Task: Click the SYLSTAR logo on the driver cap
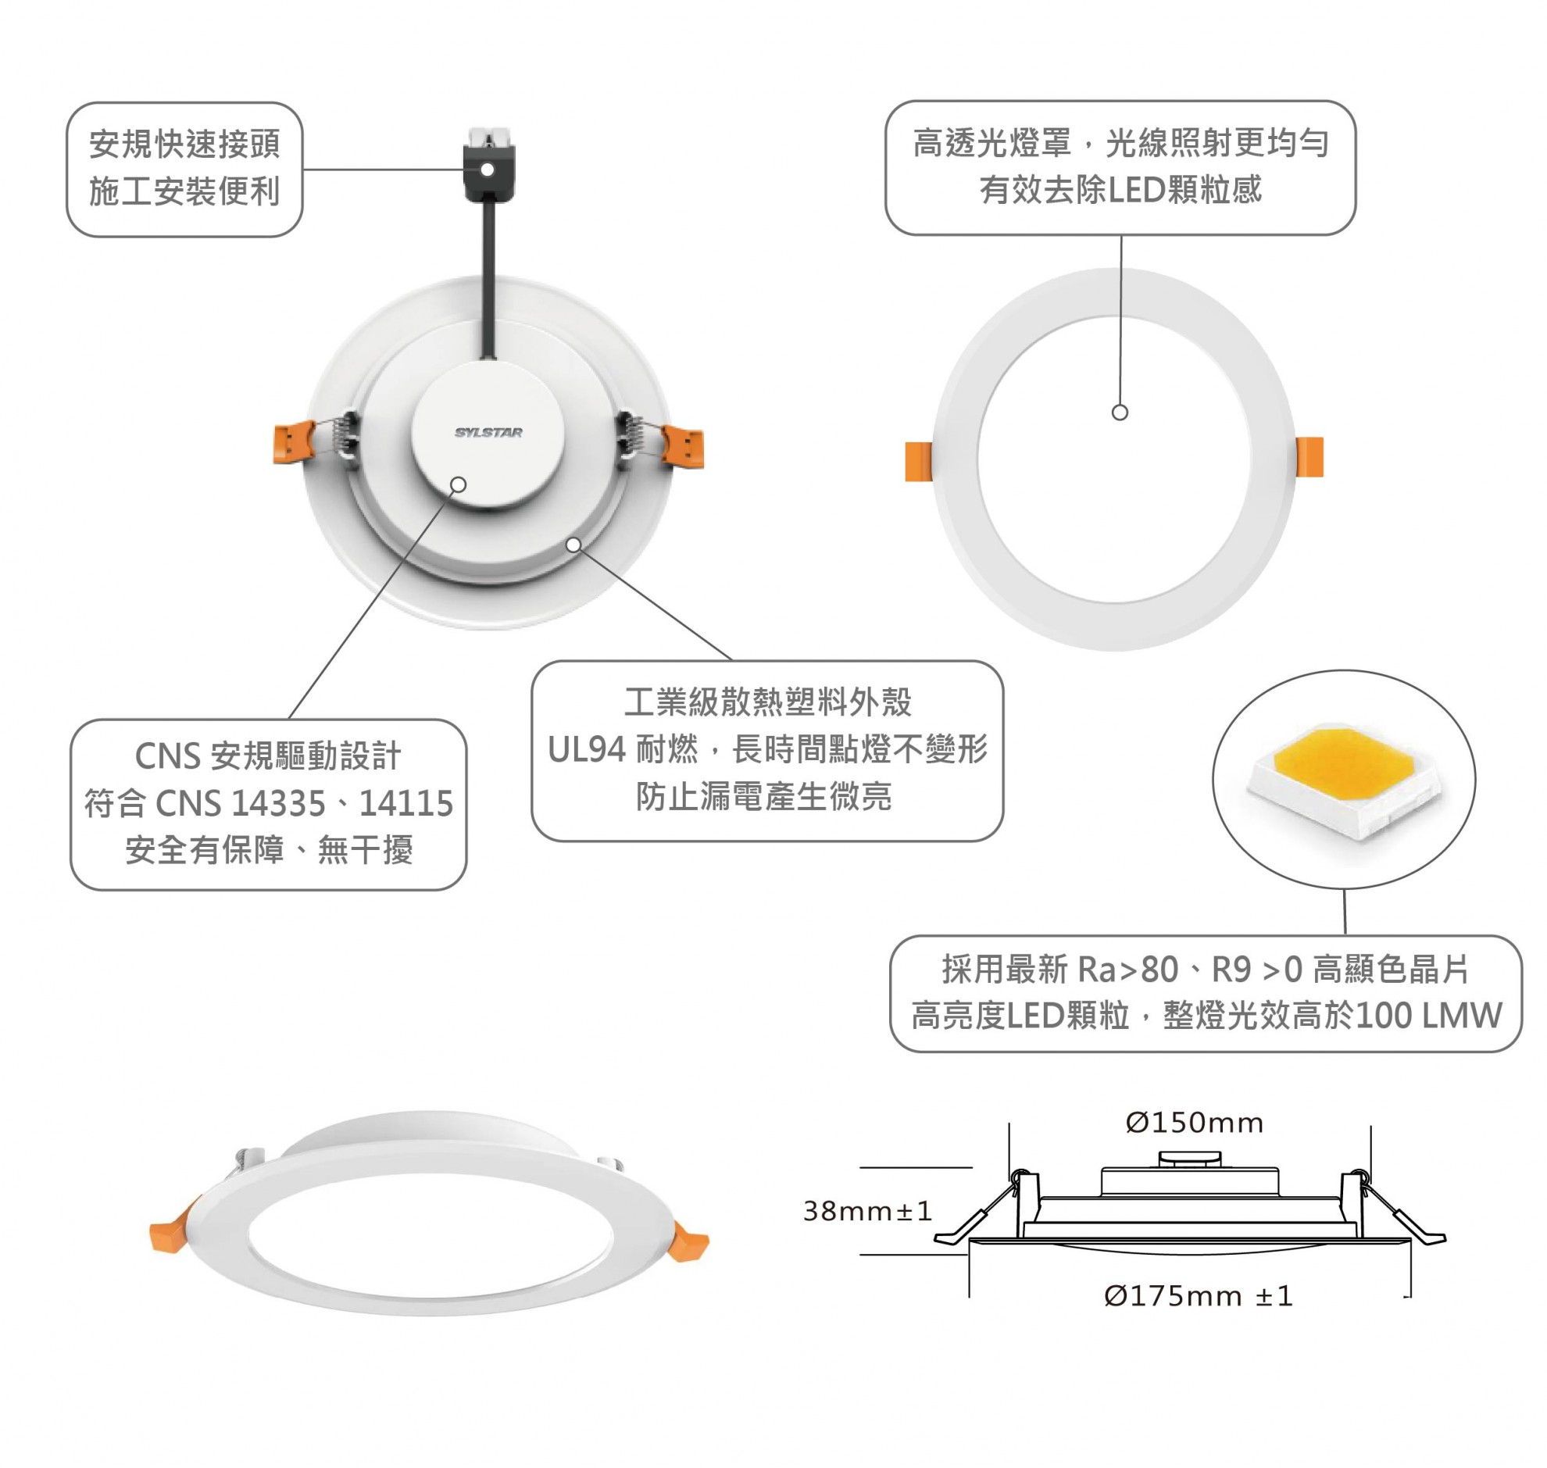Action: [488, 432]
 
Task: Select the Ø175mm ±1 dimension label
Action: [1196, 1297]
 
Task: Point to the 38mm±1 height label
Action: [867, 1211]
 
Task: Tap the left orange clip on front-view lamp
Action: [918, 461]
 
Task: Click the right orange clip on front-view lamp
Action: [1309, 457]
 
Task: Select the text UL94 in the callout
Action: [586, 750]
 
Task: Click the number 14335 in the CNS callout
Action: [279, 804]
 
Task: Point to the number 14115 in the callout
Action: [406, 804]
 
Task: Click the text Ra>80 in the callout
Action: [1127, 970]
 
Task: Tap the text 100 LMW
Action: [1428, 1016]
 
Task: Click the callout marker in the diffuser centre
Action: [1119, 413]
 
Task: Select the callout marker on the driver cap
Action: [459, 484]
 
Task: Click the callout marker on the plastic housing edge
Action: [573, 545]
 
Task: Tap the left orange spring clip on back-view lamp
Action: [295, 443]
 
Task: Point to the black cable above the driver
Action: [491, 282]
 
